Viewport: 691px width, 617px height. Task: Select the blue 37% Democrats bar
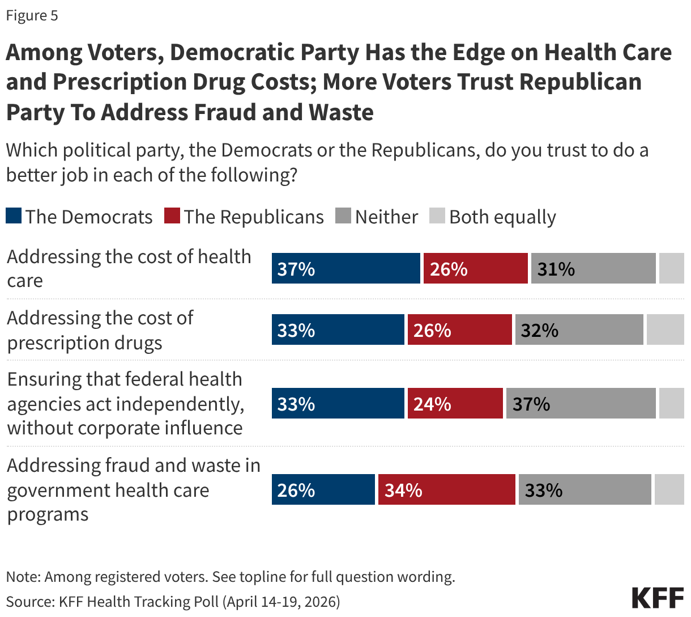[x=345, y=268]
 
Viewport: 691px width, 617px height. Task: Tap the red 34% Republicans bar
[x=446, y=489]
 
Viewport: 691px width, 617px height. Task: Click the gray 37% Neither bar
[x=581, y=403]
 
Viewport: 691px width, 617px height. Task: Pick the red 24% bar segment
[x=455, y=403]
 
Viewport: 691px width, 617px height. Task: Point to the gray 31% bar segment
[x=593, y=268]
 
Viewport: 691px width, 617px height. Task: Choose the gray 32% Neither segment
[x=579, y=329]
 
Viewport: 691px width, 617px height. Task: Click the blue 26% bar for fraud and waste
[x=323, y=489]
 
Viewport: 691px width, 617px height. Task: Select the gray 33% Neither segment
[x=585, y=489]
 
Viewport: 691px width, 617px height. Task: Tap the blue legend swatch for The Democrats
[x=14, y=216]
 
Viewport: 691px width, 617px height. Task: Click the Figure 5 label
[x=32, y=15]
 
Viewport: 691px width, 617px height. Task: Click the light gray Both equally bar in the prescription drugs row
[x=665, y=329]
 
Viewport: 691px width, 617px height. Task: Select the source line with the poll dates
[x=173, y=601]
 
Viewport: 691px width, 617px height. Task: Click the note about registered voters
[x=231, y=577]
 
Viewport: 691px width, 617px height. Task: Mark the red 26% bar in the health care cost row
[x=475, y=268]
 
